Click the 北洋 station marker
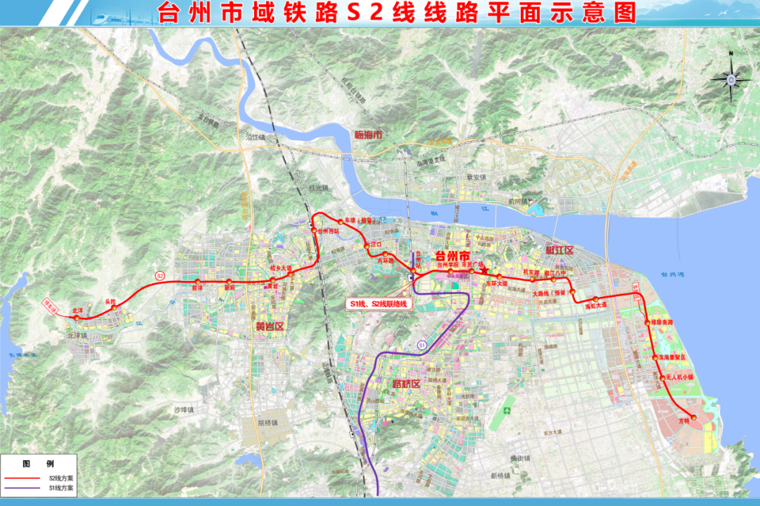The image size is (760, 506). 78,317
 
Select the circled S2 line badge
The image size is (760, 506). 160,274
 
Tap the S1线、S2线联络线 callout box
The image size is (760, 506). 377,304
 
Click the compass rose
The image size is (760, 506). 731,79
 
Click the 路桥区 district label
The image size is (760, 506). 405,384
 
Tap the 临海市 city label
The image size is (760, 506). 368,133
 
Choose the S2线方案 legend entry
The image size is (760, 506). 42,478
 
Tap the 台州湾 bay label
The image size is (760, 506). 668,274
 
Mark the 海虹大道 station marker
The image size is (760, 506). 595,300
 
